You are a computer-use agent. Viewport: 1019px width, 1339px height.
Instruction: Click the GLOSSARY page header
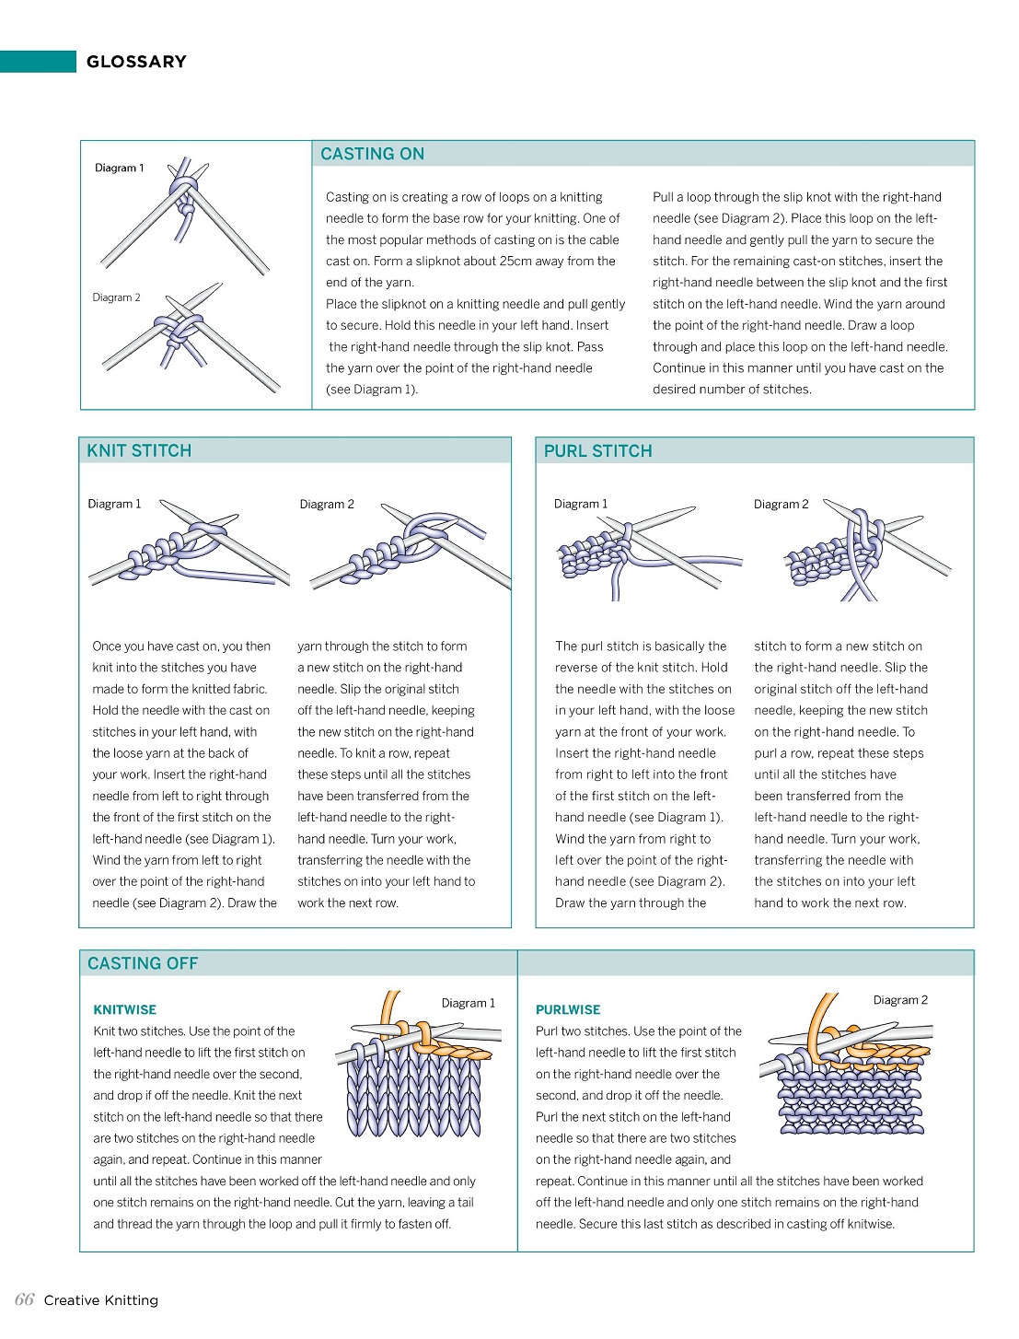136,62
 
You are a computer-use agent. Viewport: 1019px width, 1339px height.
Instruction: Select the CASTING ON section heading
372,154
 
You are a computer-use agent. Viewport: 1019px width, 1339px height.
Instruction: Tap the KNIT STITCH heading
139,450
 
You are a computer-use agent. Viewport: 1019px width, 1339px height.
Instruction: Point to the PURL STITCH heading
597,450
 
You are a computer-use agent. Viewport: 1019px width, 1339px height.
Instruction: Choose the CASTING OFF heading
143,963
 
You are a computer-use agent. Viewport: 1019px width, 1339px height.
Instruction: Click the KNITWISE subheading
125,1009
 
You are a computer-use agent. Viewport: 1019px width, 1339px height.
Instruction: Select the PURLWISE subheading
568,1009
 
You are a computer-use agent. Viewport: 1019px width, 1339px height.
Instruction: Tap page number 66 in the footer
25,1299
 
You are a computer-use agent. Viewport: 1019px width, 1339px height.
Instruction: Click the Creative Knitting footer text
101,1300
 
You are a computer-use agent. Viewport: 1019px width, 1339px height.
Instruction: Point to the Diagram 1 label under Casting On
120,168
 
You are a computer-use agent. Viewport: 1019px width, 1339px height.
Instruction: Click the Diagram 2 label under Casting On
117,297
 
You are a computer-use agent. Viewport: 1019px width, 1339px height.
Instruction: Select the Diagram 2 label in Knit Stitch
327,504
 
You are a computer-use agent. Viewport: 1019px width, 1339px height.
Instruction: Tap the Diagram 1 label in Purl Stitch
581,504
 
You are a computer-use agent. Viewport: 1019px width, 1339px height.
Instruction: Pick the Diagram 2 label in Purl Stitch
781,504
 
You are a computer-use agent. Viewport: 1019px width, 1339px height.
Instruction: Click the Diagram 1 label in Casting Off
468,1003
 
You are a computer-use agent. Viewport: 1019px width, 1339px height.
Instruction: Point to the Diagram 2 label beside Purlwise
900,1000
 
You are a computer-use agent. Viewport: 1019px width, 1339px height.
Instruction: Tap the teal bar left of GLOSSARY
38,62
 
